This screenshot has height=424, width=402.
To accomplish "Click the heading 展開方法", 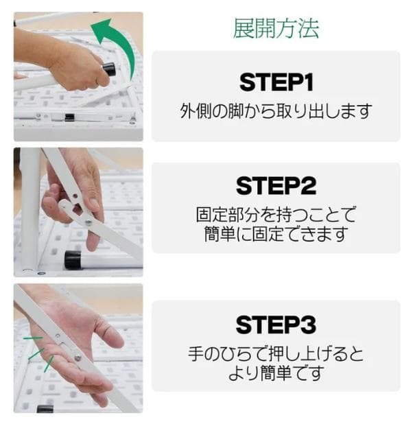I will click(276, 29).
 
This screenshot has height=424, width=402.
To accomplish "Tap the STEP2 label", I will click(276, 186).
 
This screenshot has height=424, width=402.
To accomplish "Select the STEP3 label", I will click(276, 324).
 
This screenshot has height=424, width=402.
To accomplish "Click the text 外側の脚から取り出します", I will click(276, 110).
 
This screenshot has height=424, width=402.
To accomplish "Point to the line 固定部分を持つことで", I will click(276, 214).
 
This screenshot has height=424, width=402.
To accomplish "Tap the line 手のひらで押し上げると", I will click(276, 355).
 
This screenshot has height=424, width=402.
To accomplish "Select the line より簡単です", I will click(276, 374).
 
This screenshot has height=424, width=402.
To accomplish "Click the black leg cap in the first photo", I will click(108, 69).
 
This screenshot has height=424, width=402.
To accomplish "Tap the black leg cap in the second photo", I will click(73, 260).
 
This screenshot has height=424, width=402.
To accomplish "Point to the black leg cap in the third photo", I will click(45, 409).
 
